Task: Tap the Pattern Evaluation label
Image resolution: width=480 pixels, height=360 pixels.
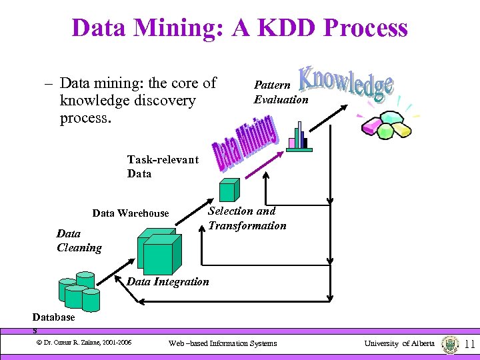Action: pyautogui.click(x=281, y=93)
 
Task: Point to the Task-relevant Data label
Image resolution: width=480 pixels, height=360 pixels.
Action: pyautogui.click(x=163, y=167)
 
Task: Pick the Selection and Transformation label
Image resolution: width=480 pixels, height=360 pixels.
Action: pyautogui.click(x=247, y=218)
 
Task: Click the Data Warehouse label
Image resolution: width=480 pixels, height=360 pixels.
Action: pyautogui.click(x=131, y=213)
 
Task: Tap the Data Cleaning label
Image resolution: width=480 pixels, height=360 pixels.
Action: pyautogui.click(x=79, y=241)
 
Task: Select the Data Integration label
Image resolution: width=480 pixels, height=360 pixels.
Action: pyautogui.click(x=167, y=281)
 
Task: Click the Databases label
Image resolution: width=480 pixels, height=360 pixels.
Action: pyautogui.click(x=53, y=319)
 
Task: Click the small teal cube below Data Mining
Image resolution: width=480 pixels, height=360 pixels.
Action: pyautogui.click(x=229, y=189)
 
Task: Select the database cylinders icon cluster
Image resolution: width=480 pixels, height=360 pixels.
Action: pyautogui.click(x=79, y=291)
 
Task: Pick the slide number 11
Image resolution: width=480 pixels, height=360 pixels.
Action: pyautogui.click(x=469, y=344)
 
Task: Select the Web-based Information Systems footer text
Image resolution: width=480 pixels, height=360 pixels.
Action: pyautogui.click(x=222, y=343)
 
